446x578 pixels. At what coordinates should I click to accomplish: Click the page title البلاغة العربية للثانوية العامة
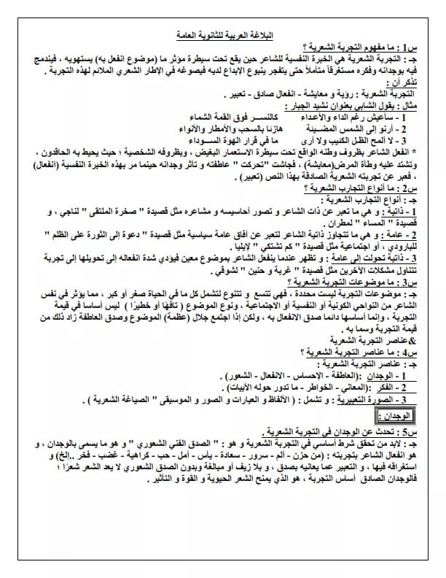(223, 35)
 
